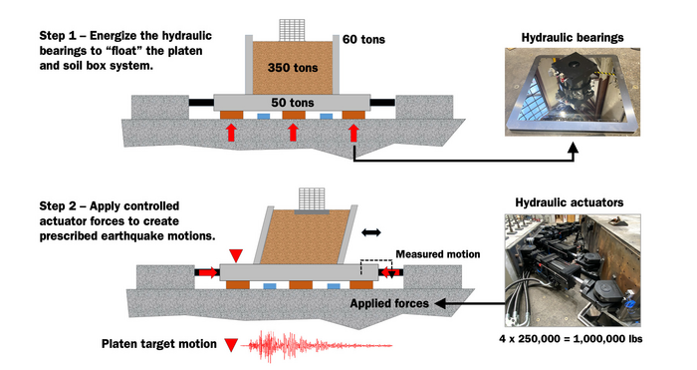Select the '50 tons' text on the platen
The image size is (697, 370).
292,103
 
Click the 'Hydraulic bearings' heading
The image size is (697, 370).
573,37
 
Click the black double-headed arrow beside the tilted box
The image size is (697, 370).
371,231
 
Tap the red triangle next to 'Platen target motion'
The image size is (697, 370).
231,346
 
